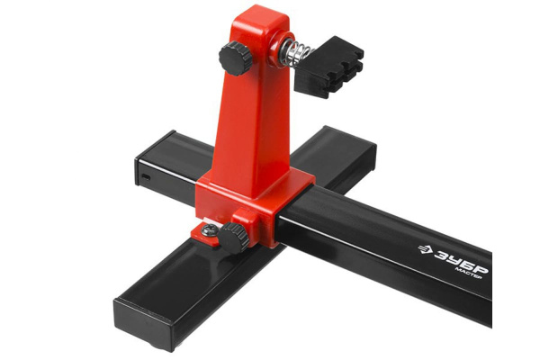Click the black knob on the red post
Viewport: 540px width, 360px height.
235,58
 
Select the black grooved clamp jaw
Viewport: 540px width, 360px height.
328,67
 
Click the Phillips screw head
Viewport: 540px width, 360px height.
210,229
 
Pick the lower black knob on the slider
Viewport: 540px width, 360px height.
233,237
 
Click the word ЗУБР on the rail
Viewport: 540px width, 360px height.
461,260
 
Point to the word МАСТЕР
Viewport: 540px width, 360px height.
468,273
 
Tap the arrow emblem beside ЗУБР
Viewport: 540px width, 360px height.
426,248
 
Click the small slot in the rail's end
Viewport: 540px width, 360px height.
146,178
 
